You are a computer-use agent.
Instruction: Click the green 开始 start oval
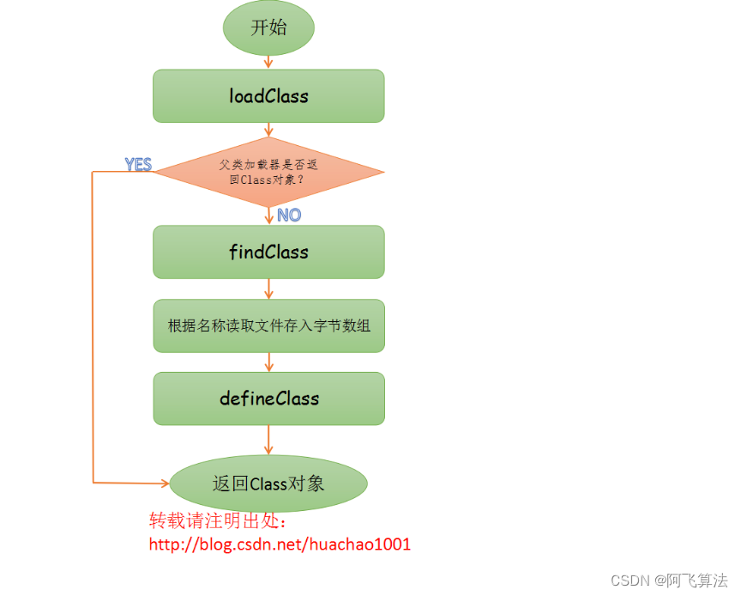(x=268, y=27)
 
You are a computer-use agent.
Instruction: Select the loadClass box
(x=268, y=96)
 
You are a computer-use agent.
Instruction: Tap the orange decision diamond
(x=268, y=172)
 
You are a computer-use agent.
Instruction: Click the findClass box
(x=268, y=252)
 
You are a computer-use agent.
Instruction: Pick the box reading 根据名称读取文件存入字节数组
(x=268, y=325)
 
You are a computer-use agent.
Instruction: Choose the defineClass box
(x=268, y=398)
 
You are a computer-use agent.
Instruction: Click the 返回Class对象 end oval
(x=268, y=483)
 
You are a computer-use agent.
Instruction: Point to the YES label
(x=138, y=164)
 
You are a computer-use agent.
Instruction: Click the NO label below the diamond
(x=289, y=215)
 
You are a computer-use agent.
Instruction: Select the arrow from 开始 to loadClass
(x=268, y=62)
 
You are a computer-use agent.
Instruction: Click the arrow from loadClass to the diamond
(x=268, y=130)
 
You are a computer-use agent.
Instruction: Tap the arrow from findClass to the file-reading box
(x=268, y=289)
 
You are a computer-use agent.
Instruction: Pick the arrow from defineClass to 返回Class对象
(x=268, y=440)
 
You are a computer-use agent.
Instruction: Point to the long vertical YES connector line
(x=92, y=326)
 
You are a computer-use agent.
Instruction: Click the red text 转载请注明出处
(x=218, y=521)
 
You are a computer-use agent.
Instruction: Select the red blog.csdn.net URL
(x=280, y=544)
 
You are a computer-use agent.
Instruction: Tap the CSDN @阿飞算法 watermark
(x=669, y=581)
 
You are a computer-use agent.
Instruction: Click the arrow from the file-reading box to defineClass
(x=268, y=362)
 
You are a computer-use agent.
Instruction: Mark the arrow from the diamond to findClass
(x=268, y=216)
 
